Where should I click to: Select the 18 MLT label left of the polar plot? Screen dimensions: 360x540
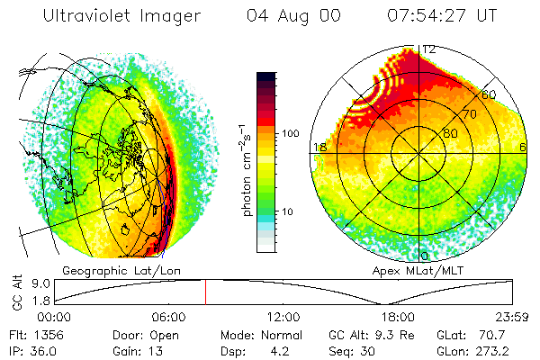(x=319, y=147)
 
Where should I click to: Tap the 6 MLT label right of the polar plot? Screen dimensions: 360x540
(x=523, y=147)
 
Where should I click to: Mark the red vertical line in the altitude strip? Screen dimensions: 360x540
(x=205, y=292)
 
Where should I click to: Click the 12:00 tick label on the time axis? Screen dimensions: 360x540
(x=283, y=317)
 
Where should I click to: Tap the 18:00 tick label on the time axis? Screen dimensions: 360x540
(x=398, y=317)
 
